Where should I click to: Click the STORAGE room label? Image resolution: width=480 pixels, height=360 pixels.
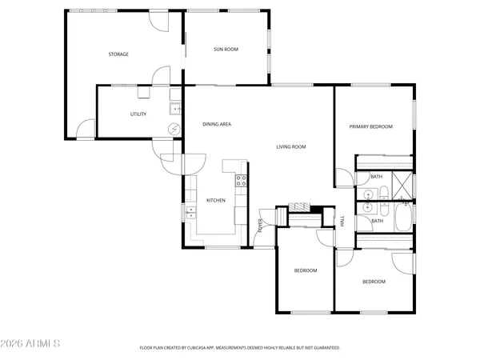118,54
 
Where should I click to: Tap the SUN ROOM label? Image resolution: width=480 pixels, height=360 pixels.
226,50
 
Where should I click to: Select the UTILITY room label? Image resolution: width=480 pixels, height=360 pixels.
138,114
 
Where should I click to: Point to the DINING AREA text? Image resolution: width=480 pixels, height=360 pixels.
217,125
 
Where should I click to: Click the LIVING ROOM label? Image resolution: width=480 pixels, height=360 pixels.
291,146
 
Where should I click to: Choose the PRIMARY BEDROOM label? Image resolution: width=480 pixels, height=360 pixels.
370,126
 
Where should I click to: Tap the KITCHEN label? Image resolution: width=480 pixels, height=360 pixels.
216,200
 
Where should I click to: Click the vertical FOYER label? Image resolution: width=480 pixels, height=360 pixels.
261,226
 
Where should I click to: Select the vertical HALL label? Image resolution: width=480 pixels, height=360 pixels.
342,222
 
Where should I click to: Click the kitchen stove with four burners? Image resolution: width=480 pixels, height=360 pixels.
240,180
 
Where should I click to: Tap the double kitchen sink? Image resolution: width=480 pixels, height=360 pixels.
191,212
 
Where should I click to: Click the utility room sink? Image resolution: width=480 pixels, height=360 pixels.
174,110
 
